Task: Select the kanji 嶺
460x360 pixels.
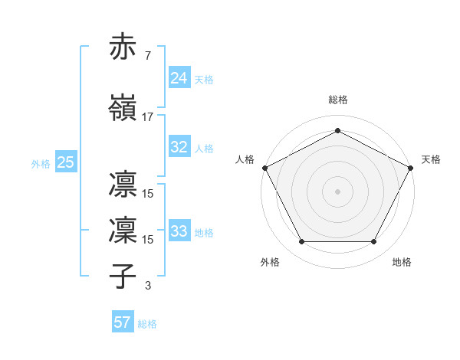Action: pos(124,107)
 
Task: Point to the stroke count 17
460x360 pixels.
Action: pos(148,116)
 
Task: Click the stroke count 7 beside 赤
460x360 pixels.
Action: pos(148,55)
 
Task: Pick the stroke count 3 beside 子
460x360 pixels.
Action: pos(148,286)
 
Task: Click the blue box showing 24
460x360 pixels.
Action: pos(179,77)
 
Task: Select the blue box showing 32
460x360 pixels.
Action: pos(179,147)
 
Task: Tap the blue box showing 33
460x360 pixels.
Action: pos(179,231)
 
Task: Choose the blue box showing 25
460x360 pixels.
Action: pos(65,162)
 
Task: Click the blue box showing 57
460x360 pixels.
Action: pos(123,322)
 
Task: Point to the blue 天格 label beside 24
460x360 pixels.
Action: pos(205,79)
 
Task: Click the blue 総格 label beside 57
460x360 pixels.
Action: pos(148,324)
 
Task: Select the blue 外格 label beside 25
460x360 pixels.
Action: pos(41,163)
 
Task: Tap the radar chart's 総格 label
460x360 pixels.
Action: pos(338,100)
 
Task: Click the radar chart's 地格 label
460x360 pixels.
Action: pos(402,263)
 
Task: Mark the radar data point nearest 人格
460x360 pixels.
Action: pos(264,167)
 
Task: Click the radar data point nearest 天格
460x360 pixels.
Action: pos(411,167)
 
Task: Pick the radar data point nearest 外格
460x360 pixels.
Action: pos(301,242)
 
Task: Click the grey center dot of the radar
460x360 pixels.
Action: pos(338,191)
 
